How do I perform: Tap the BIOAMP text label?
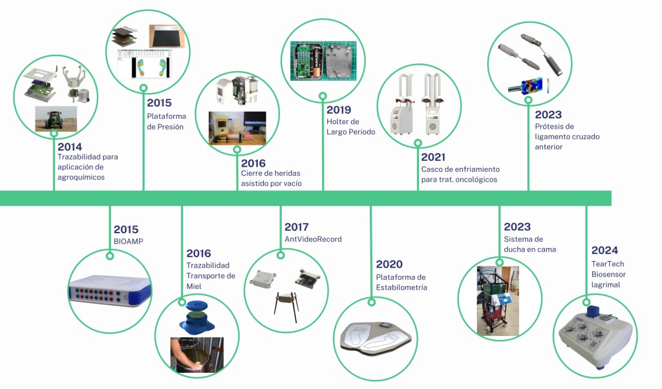click(x=128, y=242)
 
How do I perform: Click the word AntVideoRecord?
click(x=313, y=239)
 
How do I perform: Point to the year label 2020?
click(x=389, y=264)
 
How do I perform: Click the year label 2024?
click(x=604, y=250)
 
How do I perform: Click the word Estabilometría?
click(x=401, y=288)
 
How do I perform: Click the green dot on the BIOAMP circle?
click(x=110, y=257)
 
